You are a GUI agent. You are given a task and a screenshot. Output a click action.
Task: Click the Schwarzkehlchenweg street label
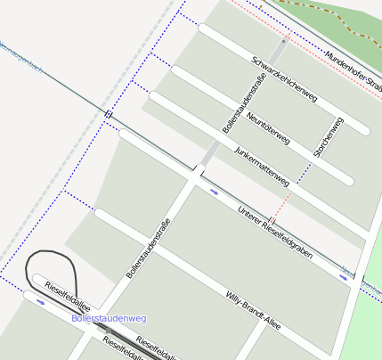click(x=284, y=79)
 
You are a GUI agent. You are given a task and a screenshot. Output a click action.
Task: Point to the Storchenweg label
click(x=328, y=137)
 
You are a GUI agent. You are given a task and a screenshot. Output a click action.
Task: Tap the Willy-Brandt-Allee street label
click(x=253, y=310)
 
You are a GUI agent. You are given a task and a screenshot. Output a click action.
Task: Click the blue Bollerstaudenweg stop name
click(x=108, y=317)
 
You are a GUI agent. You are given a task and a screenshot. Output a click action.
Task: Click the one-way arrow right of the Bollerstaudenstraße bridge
click(x=214, y=190)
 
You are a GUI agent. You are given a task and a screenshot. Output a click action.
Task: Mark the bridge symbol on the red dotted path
click(x=273, y=219)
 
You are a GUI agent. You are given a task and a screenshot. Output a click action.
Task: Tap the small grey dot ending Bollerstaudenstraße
click(x=284, y=40)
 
